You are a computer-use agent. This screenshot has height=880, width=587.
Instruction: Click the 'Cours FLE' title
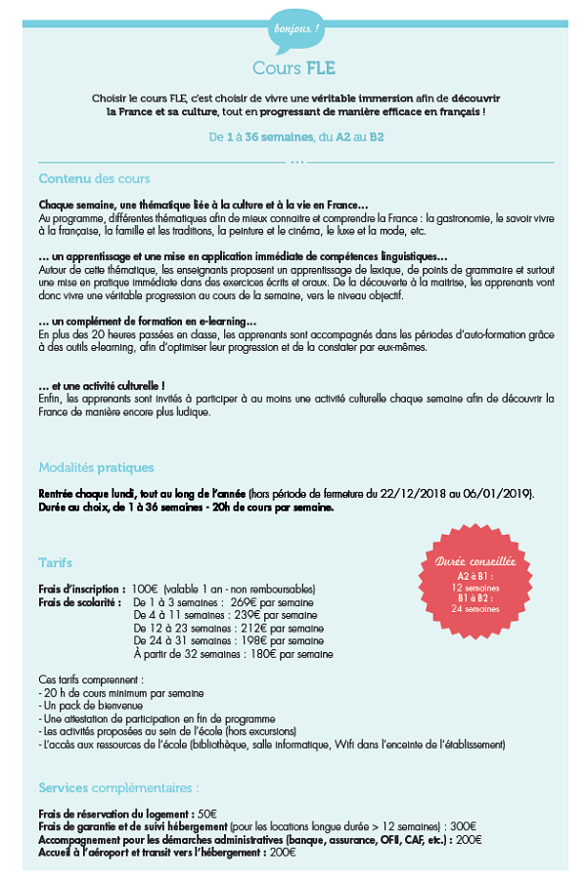point(293,68)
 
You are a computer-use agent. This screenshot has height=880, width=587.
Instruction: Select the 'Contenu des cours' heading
point(94,179)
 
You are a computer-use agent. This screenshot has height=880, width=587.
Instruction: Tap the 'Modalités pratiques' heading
point(96,467)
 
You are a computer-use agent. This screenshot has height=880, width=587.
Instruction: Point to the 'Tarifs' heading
point(55,563)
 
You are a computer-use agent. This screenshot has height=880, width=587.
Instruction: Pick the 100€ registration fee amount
point(145,589)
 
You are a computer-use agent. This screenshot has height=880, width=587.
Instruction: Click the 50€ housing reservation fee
point(207,814)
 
